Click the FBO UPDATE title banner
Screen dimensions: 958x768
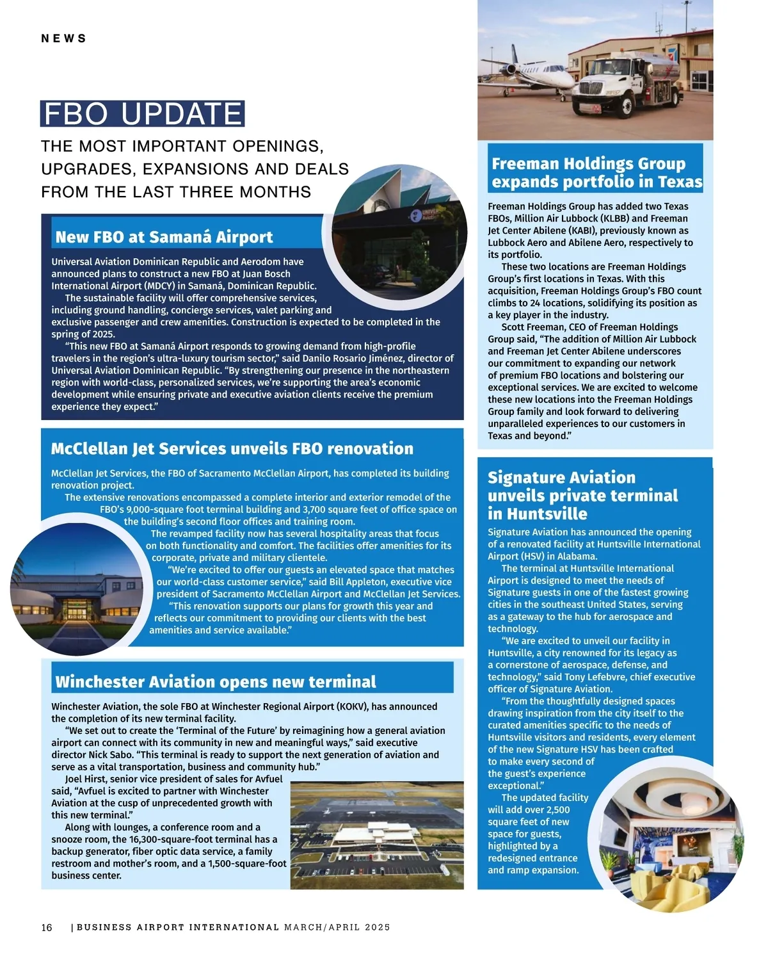click(x=142, y=114)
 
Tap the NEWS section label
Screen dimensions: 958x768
click(x=63, y=38)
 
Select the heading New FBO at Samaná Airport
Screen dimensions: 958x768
click(x=164, y=237)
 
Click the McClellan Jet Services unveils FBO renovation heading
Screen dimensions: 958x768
click(x=232, y=448)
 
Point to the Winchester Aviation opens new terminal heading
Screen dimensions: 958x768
click(x=216, y=681)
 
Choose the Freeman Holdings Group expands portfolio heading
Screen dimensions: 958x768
click(x=596, y=173)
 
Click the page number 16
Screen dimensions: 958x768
click(x=47, y=927)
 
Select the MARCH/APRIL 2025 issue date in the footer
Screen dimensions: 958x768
click(x=337, y=927)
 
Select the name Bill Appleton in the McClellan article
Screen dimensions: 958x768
click(x=358, y=581)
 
